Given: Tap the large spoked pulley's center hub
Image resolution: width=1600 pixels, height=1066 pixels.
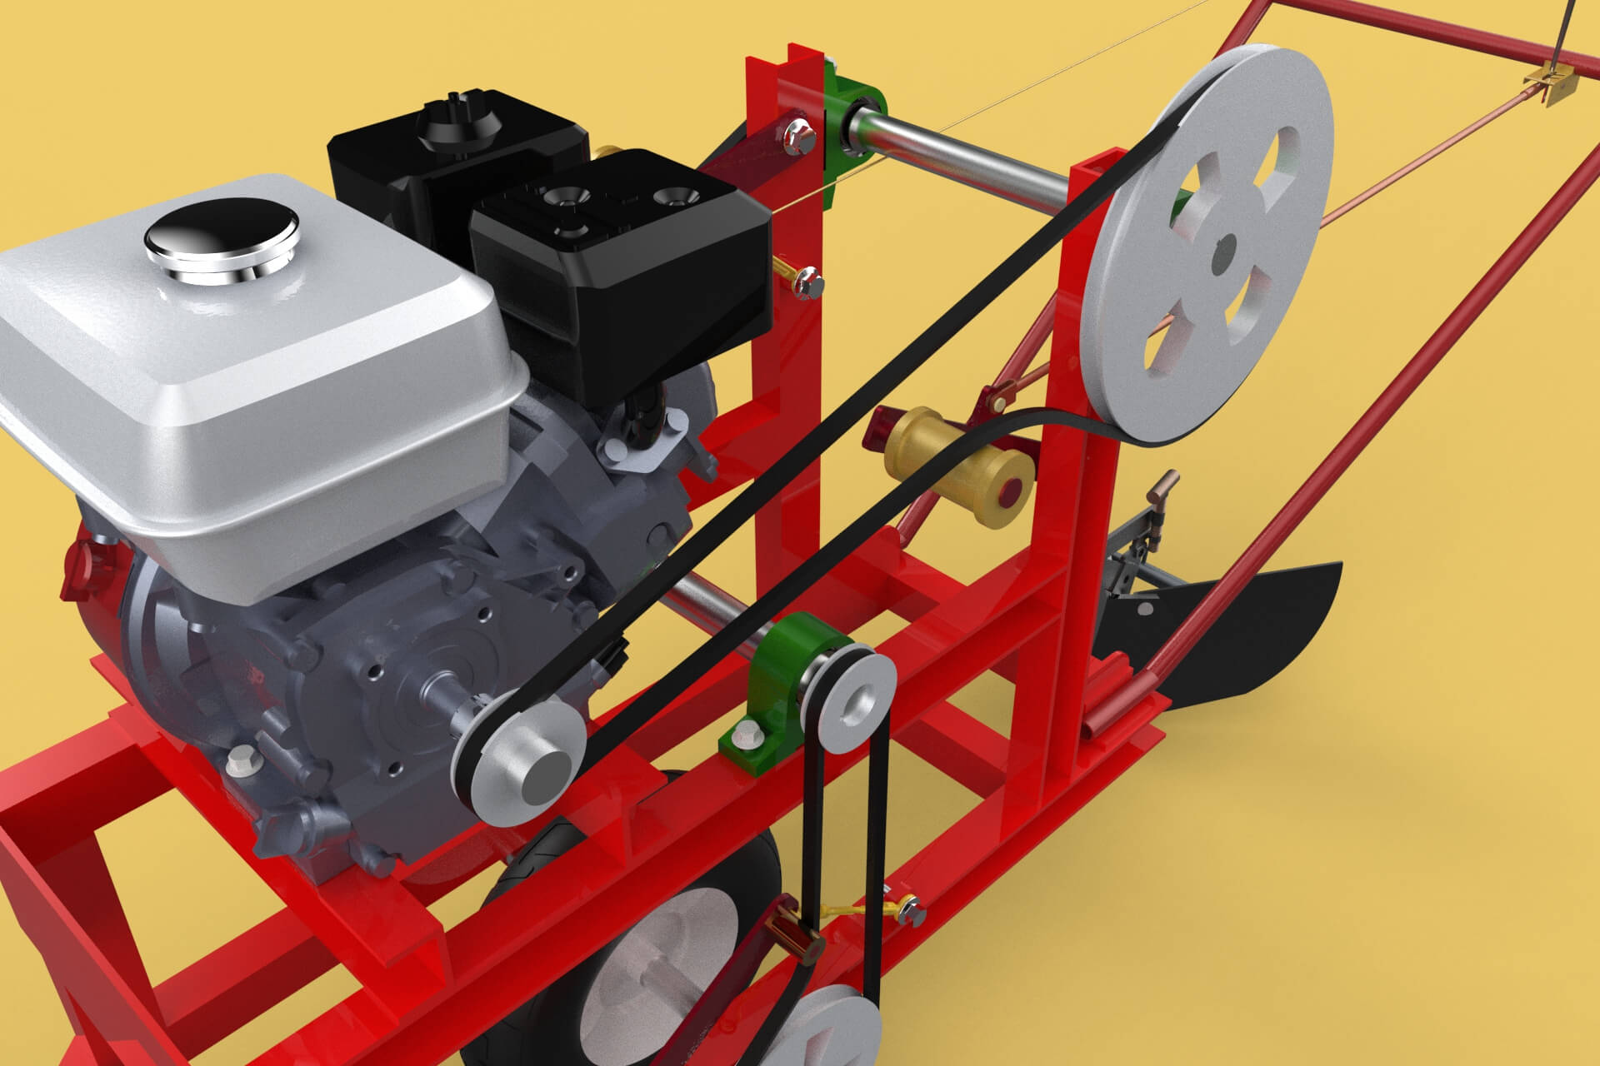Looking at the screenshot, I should (1222, 255).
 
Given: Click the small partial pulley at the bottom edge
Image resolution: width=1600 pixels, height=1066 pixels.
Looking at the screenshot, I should (833, 1029).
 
